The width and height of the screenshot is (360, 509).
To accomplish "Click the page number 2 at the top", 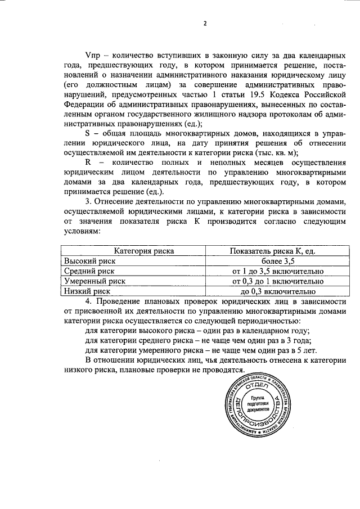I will (x=205, y=24).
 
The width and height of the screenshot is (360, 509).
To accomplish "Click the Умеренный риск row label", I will (x=94, y=281).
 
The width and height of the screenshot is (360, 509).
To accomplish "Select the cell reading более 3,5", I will (x=278, y=261).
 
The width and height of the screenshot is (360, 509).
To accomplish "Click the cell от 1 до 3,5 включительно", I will (x=278, y=271).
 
